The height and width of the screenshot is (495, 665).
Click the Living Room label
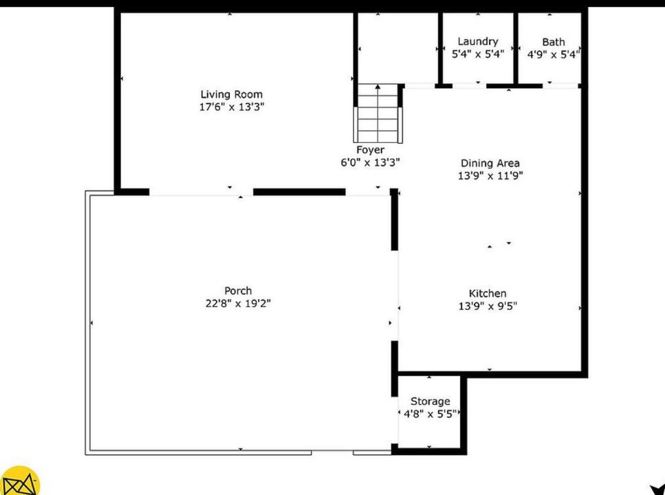pyautogui.click(x=231, y=94)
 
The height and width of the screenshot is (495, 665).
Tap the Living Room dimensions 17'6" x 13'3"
pyautogui.click(x=231, y=107)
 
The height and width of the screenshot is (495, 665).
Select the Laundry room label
pyautogui.click(x=478, y=42)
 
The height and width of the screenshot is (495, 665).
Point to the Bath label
pyautogui.click(x=553, y=42)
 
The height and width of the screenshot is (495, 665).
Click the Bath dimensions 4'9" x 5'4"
pyautogui.click(x=554, y=54)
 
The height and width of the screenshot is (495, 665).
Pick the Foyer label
pyautogui.click(x=370, y=150)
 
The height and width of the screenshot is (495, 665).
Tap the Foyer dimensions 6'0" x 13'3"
pyautogui.click(x=370, y=163)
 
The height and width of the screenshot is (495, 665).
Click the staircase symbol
pyautogui.click(x=377, y=113)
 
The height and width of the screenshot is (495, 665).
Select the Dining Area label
pyautogui.click(x=490, y=164)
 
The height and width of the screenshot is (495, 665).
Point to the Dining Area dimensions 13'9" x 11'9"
pyautogui.click(x=490, y=176)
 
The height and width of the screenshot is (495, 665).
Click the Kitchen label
pyautogui.click(x=488, y=294)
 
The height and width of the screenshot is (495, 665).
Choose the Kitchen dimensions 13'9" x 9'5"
pyautogui.click(x=488, y=307)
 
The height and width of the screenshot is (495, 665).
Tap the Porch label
pyautogui.click(x=238, y=291)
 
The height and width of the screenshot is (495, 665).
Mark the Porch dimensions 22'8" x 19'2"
pyautogui.click(x=238, y=304)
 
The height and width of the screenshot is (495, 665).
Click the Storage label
pyautogui.click(x=430, y=401)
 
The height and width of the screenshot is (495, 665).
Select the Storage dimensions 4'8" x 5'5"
pyautogui.click(x=430, y=414)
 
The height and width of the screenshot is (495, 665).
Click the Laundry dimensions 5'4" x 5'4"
pyautogui.click(x=478, y=54)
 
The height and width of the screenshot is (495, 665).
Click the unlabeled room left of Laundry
pyautogui.click(x=397, y=48)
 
